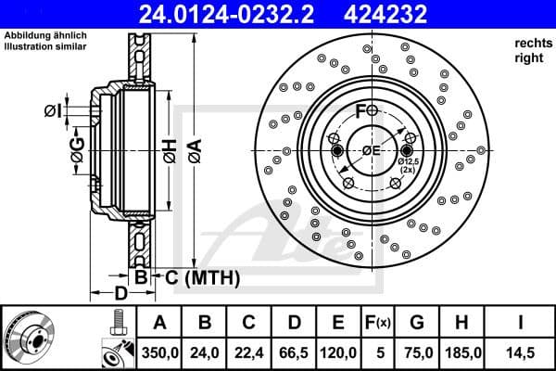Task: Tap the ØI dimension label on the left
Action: tap(52, 112)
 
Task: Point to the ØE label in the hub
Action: tap(372, 151)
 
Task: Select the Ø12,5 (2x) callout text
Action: tap(409, 166)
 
